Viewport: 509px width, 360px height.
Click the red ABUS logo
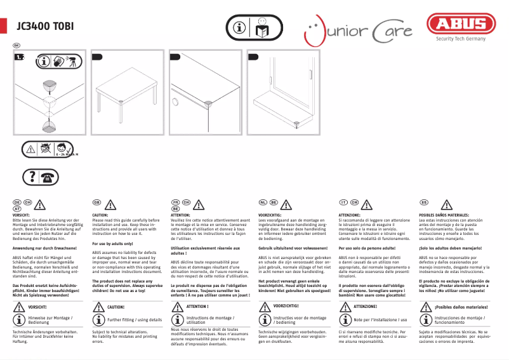click(461, 25)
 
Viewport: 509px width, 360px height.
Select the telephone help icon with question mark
click(40, 177)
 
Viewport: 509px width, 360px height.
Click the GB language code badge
click(97, 202)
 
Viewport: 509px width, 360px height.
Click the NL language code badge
click(263, 202)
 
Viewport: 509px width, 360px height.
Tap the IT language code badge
click(343, 202)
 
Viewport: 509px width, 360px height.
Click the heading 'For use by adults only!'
click(112, 244)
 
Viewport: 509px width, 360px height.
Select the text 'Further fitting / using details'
click(135, 320)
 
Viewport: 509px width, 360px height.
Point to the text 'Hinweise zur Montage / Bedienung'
click(51, 320)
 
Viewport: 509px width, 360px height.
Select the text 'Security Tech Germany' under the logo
click(460, 39)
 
